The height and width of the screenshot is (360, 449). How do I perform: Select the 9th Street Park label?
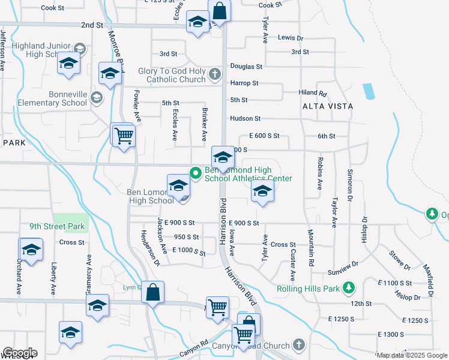pyautogui.click(x=58, y=227)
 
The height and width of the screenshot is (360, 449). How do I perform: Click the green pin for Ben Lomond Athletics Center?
pyautogui.click(x=195, y=173)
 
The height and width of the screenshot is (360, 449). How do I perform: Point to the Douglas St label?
pyautogui.click(x=246, y=67)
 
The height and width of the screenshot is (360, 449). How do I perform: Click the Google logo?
pyautogui.click(x=20, y=353)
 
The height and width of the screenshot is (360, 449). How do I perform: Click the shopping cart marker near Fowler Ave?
pyautogui.click(x=124, y=136)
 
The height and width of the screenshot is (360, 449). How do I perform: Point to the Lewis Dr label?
pyautogui.click(x=290, y=38)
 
